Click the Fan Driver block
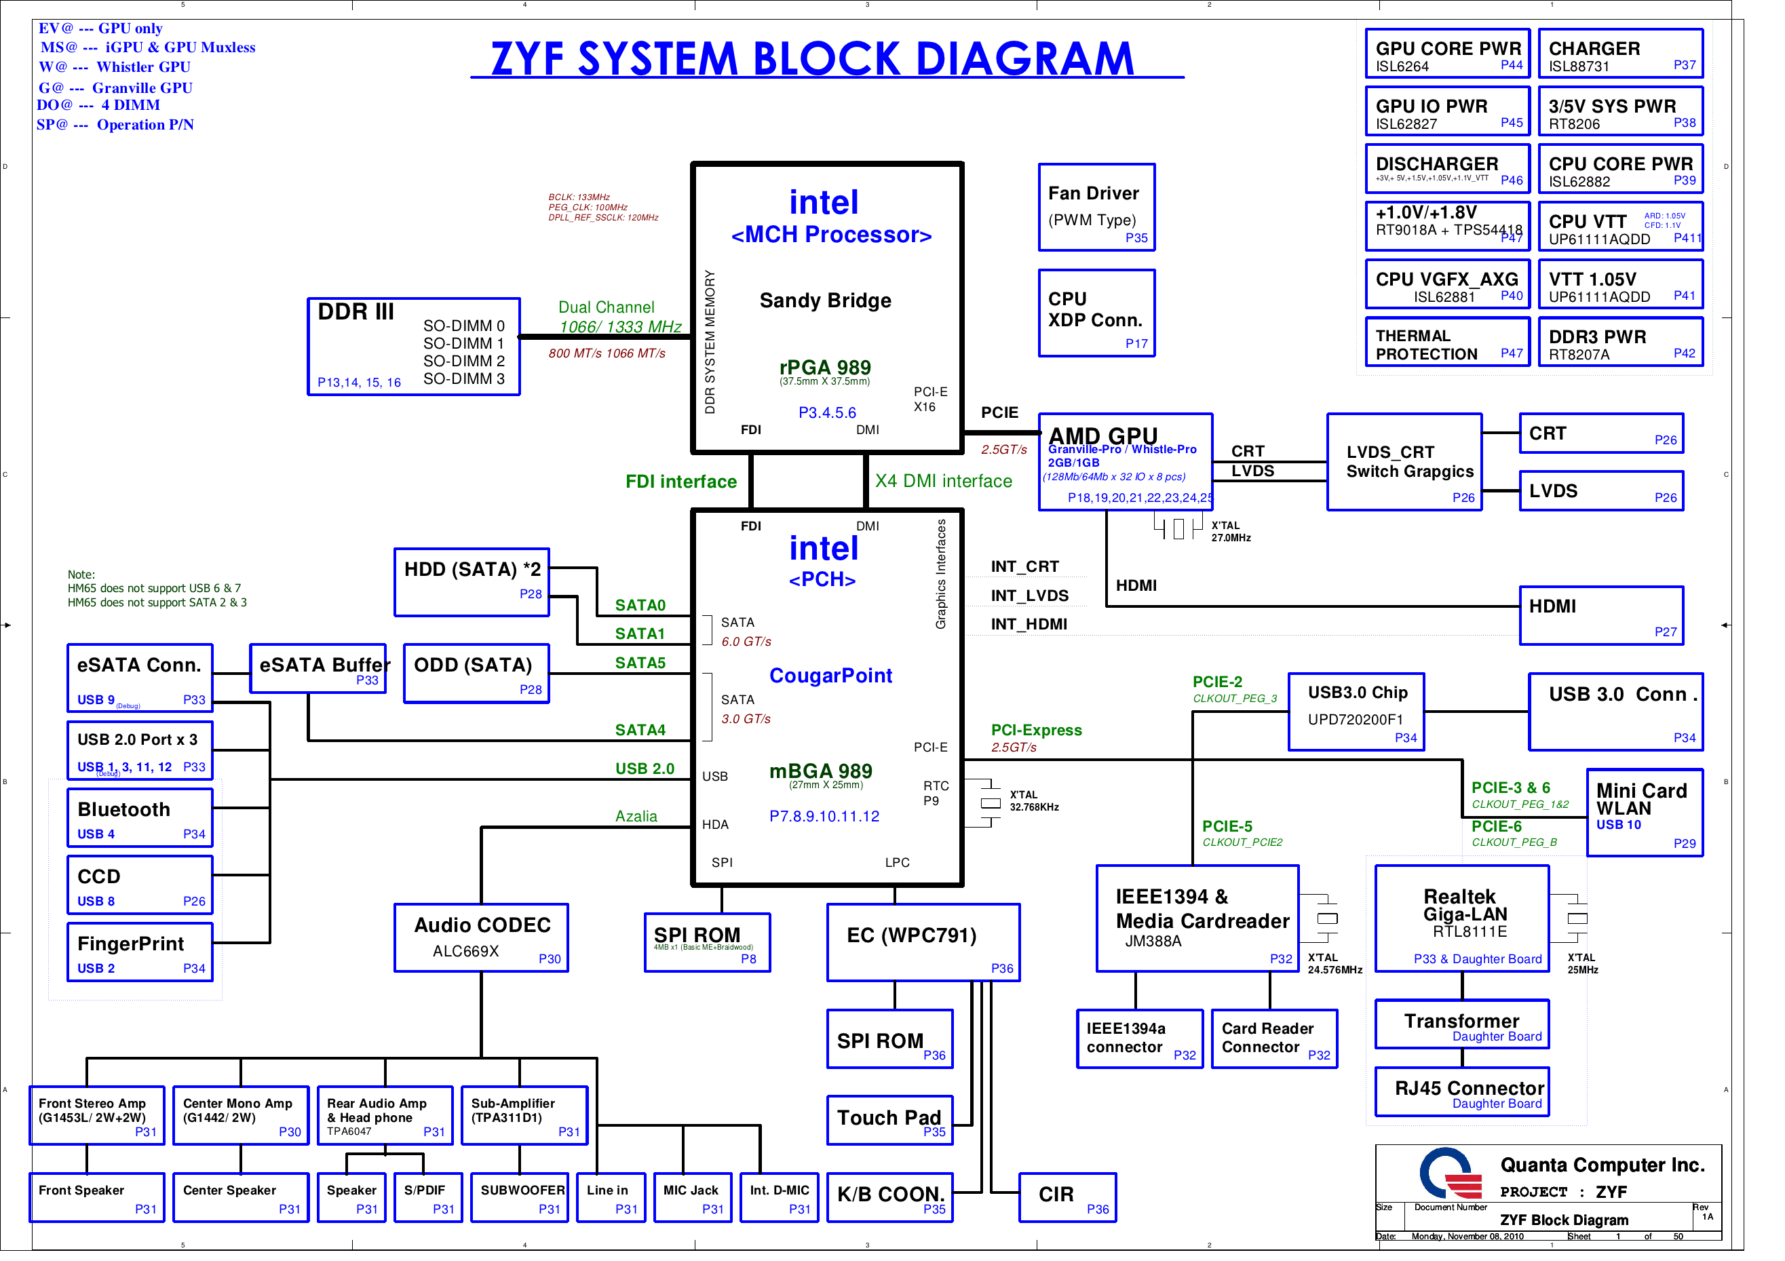1096,208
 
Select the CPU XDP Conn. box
1096,313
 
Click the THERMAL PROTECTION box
1447,342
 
